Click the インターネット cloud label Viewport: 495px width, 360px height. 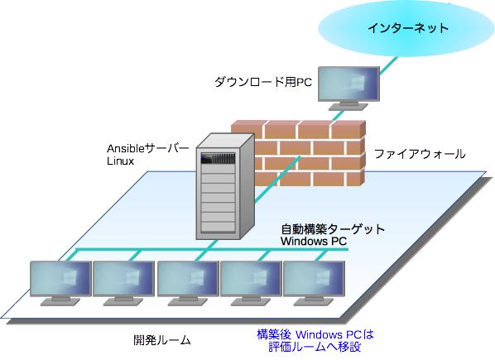[408, 28]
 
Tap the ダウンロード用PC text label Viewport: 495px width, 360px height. [263, 82]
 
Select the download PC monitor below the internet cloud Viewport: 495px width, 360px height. [348, 89]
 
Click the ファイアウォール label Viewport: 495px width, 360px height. [420, 154]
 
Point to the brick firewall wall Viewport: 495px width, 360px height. [310, 153]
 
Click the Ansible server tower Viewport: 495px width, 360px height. [225, 186]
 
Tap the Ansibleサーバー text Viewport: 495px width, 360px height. [147, 148]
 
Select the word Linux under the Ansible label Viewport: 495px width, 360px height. [120, 161]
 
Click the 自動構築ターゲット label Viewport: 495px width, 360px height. [333, 229]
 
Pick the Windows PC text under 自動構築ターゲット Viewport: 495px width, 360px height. [314, 242]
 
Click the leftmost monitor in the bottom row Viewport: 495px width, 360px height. [60, 283]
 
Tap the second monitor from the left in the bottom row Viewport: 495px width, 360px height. [123, 283]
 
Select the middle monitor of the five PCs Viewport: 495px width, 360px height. [188, 283]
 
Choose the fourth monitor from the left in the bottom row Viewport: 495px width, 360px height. [251, 283]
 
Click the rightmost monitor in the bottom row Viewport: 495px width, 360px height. [314, 283]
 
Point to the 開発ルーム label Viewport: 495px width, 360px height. [162, 340]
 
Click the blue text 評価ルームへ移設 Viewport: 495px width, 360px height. [315, 347]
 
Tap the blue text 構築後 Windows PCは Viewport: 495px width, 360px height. [315, 334]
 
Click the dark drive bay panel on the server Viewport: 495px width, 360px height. [218, 158]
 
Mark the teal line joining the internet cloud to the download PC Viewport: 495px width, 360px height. [388, 66]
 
